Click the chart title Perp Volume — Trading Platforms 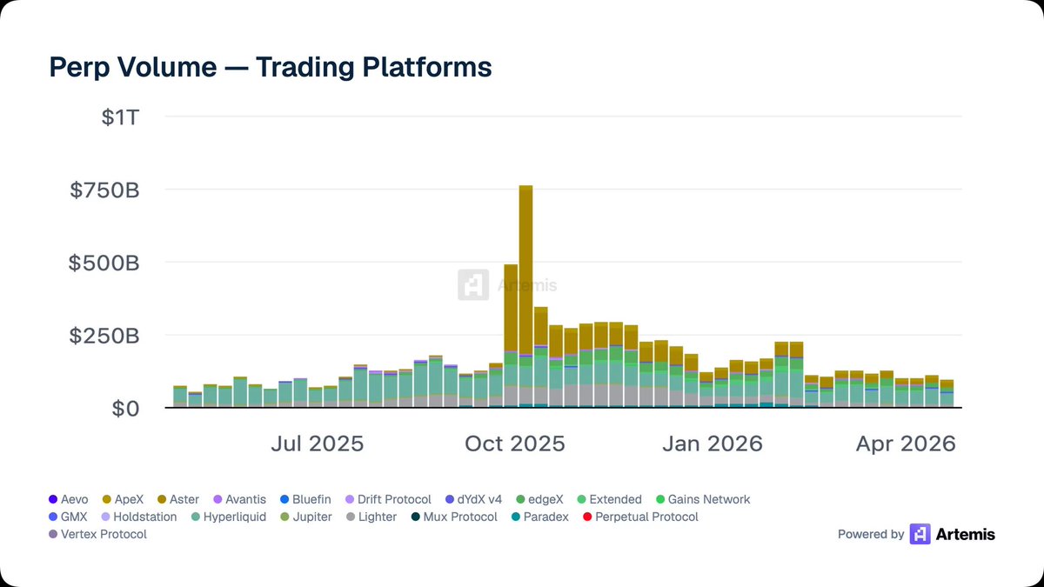[271, 67]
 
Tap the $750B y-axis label [104, 190]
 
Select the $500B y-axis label [104, 263]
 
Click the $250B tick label [104, 336]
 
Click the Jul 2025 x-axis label [317, 444]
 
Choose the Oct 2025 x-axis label [514, 444]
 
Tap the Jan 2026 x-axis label [713, 444]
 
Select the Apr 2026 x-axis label [906, 444]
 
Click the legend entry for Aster [177, 499]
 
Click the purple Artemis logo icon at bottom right [920, 534]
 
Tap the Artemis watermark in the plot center [508, 285]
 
